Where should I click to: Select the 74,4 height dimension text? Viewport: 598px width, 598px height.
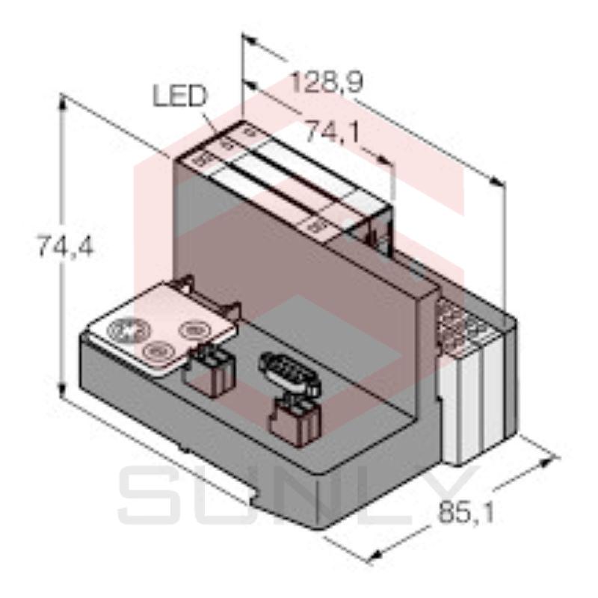(x=65, y=247)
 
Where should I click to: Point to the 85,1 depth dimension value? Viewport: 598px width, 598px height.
(x=464, y=515)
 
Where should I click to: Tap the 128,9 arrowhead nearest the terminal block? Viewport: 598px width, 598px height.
(x=494, y=180)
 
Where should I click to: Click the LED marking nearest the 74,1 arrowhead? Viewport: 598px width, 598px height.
(x=319, y=223)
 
